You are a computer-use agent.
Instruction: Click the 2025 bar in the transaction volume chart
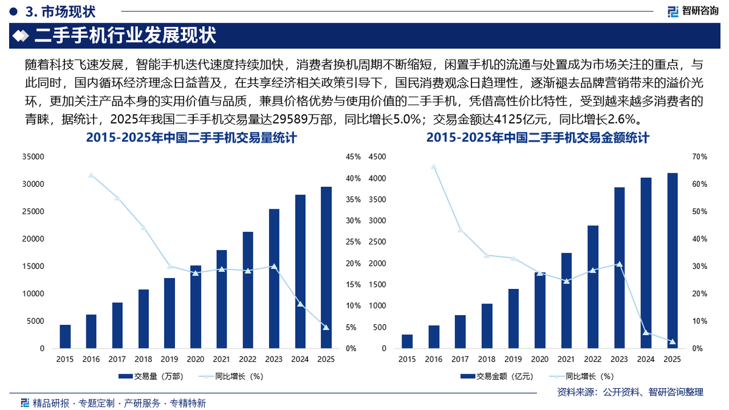click(326, 268)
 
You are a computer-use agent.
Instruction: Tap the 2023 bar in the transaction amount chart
click(619, 268)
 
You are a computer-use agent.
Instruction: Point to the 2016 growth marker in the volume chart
click(91, 175)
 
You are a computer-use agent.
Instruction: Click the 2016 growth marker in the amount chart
click(434, 166)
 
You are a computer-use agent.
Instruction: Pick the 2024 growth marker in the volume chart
click(300, 304)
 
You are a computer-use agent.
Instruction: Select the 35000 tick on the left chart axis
click(33, 157)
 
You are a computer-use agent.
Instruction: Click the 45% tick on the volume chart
click(353, 157)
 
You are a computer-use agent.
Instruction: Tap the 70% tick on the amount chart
click(699, 157)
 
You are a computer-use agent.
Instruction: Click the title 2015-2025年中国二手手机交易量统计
click(191, 138)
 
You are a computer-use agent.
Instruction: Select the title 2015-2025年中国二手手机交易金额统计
click(538, 138)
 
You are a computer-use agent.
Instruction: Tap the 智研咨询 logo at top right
click(693, 11)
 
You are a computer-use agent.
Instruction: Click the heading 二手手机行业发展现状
click(126, 35)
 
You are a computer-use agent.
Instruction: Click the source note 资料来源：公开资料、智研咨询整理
click(630, 392)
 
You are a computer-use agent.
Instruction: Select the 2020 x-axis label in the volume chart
click(196, 359)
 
